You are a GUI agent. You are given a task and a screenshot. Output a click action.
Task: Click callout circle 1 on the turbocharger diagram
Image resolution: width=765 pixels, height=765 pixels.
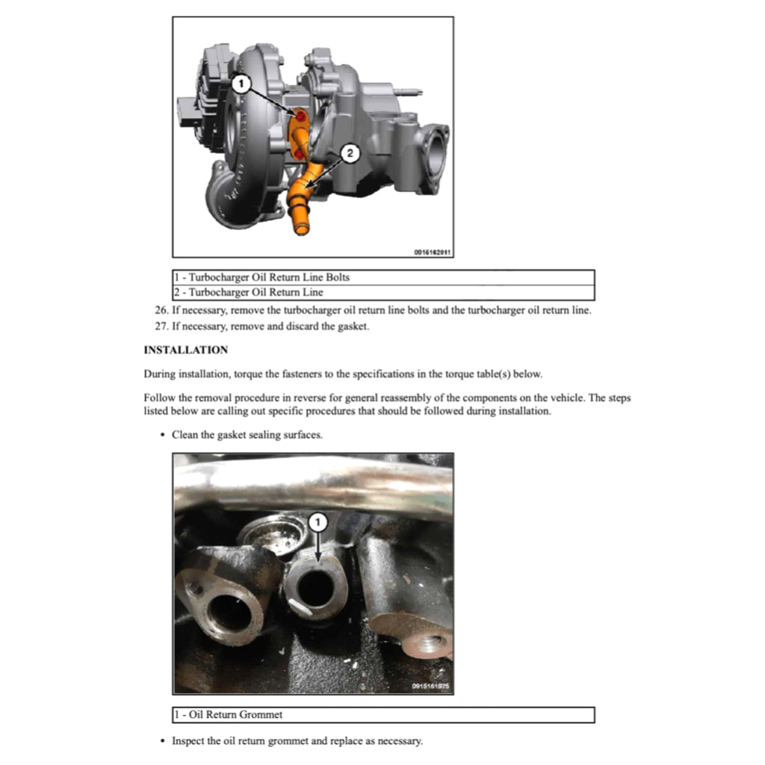pyautogui.click(x=239, y=84)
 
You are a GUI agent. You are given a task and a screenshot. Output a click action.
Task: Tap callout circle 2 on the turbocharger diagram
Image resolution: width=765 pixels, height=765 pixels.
pyautogui.click(x=350, y=153)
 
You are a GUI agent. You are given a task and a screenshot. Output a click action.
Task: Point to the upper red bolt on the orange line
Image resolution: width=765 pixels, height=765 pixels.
pyautogui.click(x=300, y=117)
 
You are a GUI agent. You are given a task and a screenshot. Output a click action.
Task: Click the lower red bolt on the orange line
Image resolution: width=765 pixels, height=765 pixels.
pyautogui.click(x=299, y=153)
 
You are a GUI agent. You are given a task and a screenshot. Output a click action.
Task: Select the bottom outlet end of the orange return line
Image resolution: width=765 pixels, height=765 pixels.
pyautogui.click(x=302, y=226)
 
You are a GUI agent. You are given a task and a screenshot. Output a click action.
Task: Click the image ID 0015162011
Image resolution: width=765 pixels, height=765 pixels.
pyautogui.click(x=433, y=252)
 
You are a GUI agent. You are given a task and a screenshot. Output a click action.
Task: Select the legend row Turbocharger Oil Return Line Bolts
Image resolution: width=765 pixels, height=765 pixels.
pyautogui.click(x=261, y=277)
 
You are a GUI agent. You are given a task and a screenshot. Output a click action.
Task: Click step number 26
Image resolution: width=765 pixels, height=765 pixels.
pyautogui.click(x=160, y=310)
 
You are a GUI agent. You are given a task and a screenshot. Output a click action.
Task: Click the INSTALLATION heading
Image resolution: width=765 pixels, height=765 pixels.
pyautogui.click(x=185, y=350)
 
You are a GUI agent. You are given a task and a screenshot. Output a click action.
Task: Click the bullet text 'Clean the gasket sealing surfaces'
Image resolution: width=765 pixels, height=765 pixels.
pyautogui.click(x=247, y=435)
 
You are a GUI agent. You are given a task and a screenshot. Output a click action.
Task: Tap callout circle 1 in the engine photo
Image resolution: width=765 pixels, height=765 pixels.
pyautogui.click(x=316, y=521)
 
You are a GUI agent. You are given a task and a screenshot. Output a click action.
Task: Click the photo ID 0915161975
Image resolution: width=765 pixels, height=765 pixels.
pyautogui.click(x=431, y=687)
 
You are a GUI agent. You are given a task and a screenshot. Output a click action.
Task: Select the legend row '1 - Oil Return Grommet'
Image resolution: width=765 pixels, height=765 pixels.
pyautogui.click(x=229, y=715)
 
